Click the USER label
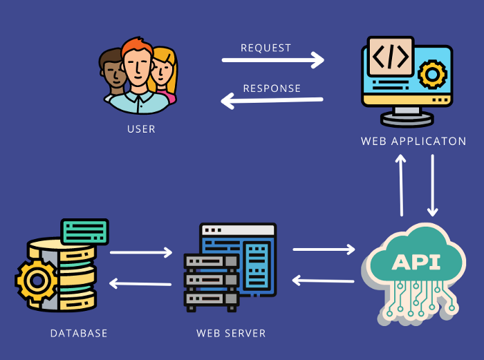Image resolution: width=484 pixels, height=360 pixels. click(141, 129)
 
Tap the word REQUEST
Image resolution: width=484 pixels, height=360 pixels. click(266, 48)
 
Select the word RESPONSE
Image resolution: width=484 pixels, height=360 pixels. click(272, 88)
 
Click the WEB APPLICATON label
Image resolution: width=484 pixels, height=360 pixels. click(413, 141)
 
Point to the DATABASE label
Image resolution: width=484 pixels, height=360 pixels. click(79, 333)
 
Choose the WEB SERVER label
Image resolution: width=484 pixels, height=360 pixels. click(231, 333)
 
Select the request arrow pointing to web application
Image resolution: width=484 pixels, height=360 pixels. click(273, 60)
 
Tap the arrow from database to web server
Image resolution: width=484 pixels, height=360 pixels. click(141, 252)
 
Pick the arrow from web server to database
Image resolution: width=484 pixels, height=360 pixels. click(140, 283)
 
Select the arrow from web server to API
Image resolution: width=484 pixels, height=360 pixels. click(324, 248)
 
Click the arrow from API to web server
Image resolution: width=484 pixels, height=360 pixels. click(323, 281)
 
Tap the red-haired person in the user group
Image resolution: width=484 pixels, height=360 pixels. click(137, 69)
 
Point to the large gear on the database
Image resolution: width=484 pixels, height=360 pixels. click(36, 281)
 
